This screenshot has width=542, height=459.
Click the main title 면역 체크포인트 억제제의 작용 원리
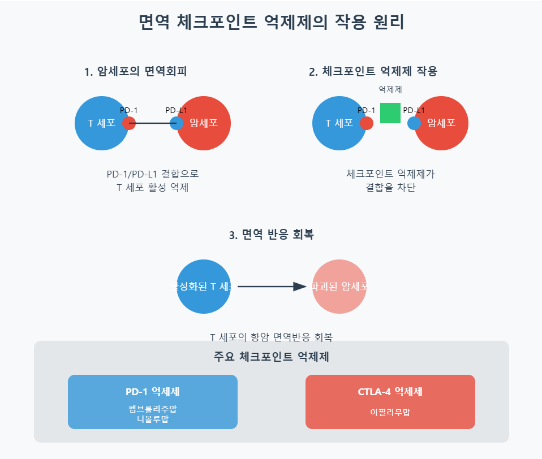271,23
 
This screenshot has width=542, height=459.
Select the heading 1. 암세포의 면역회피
135,72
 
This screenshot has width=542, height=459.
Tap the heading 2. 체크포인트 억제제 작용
373,72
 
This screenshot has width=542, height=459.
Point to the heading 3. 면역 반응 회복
271,235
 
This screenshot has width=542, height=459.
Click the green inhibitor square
390,113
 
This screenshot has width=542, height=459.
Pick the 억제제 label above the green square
390,89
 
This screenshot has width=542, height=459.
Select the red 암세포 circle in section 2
444,123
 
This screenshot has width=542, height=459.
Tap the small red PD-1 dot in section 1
129,123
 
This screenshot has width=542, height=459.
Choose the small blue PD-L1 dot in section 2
414,123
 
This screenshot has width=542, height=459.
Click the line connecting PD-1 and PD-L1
153,123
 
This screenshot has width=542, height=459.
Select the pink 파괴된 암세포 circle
339,287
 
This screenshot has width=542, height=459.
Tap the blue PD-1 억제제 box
153,401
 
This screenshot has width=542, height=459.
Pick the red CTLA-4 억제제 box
390,401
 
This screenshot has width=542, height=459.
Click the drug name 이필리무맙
390,413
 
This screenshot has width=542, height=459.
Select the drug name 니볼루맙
153,419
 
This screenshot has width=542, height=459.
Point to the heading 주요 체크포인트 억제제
272,357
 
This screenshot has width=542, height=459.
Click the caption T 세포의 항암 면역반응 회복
271,337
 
